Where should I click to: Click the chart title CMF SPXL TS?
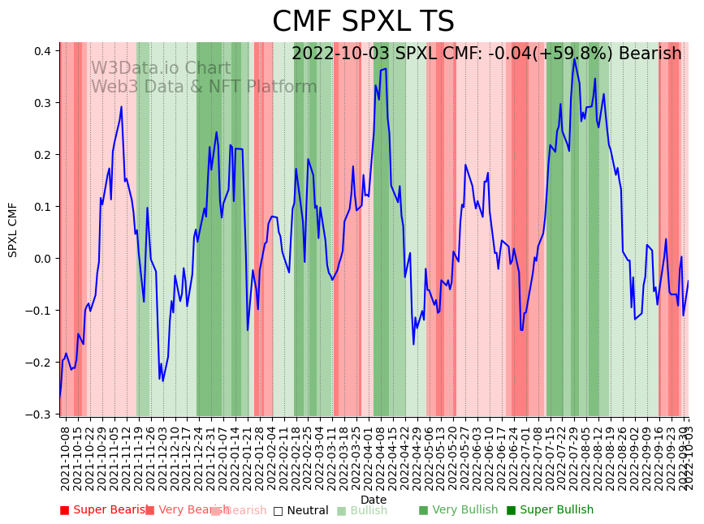363,22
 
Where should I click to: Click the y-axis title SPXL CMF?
13,230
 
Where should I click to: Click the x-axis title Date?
374,500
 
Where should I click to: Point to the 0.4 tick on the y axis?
42,51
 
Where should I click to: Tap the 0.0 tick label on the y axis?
42,259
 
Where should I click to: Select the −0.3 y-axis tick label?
39,414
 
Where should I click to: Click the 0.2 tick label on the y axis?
42,155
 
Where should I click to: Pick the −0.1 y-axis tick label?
39,311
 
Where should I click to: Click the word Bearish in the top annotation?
650,54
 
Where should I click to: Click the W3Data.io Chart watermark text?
160,68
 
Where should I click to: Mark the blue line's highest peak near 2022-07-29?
575,58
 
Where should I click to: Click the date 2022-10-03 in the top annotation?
340,54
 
